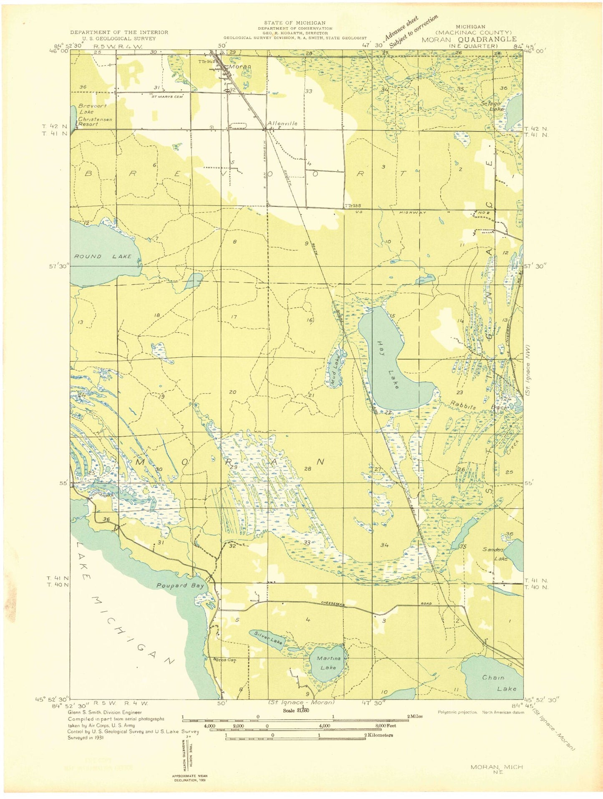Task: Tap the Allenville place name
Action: [x=283, y=124]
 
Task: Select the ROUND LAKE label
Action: [x=103, y=256]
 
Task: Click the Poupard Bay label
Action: [x=180, y=586]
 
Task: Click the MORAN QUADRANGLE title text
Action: [x=469, y=40]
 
